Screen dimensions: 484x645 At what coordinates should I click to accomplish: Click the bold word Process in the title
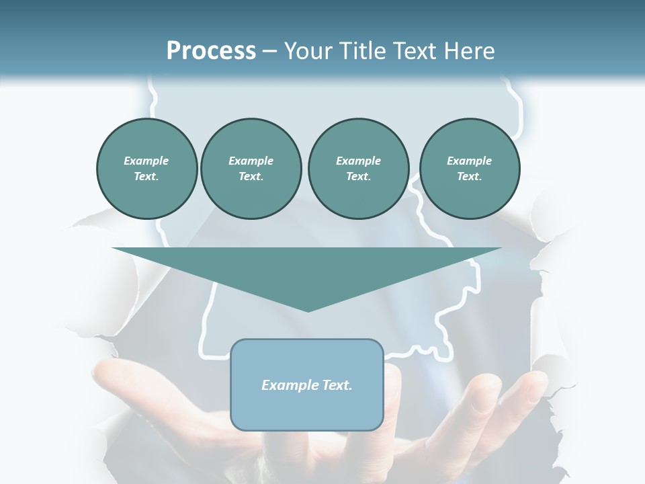(211, 51)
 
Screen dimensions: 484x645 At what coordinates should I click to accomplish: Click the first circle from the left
(146, 169)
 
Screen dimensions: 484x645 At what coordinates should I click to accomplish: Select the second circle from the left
(251, 169)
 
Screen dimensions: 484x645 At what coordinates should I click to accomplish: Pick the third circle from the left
(358, 169)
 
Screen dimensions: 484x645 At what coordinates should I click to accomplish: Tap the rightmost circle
(470, 169)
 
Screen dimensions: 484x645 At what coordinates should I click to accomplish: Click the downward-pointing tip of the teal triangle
(307, 310)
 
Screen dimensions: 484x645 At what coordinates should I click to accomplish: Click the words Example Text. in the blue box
(307, 385)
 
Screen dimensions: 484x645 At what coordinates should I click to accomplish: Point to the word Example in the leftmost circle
(146, 161)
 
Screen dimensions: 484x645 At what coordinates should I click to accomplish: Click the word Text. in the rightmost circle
(470, 177)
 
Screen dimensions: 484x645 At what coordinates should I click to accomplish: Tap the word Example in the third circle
(358, 161)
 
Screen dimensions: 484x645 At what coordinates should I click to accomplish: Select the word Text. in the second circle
(251, 177)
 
